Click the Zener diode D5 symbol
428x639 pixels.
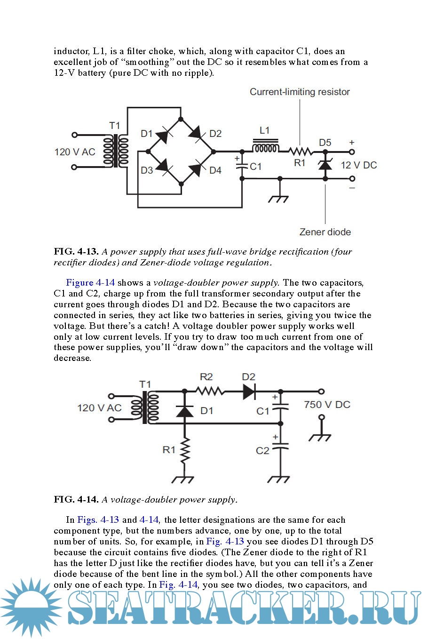coord(325,165)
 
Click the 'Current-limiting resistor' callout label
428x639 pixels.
coord(300,92)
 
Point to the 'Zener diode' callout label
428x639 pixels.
coord(325,232)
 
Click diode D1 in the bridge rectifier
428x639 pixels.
coord(162,136)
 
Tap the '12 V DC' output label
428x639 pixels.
coord(358,165)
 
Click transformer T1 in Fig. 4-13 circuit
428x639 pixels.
coord(116,152)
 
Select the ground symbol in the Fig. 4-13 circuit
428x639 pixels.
coord(279,198)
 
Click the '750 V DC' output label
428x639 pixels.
coord(327,405)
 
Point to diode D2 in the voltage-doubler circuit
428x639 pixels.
coord(249,391)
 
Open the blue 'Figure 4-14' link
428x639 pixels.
coord(90,283)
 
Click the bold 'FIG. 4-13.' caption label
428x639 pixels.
coord(76,252)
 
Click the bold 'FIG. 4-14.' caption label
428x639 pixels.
coord(76,499)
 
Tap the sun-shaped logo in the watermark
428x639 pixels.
coord(31,607)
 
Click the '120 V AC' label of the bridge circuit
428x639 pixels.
coord(75,152)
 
